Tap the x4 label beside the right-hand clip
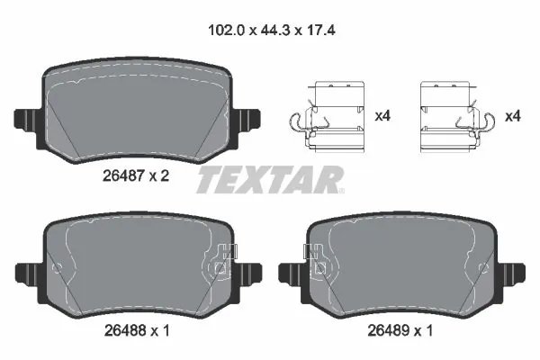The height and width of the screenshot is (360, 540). (513, 116)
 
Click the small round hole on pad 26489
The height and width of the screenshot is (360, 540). (481, 267)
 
